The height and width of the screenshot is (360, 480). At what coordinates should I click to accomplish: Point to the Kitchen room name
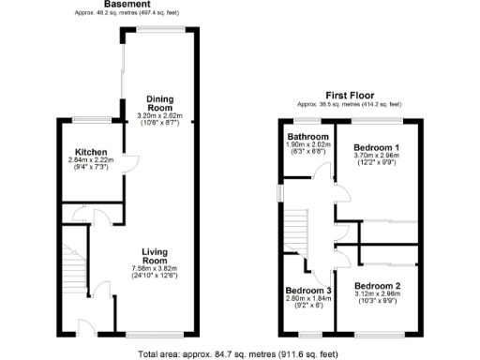point(91,153)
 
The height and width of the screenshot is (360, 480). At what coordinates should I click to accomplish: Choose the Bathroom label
point(307,137)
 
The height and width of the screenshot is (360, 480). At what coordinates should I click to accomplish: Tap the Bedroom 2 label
point(378,284)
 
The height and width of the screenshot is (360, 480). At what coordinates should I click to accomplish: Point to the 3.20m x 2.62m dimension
point(157,117)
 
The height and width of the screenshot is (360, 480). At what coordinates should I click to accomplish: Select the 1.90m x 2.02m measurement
point(307,145)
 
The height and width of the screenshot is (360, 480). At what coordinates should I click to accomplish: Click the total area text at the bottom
point(239,354)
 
